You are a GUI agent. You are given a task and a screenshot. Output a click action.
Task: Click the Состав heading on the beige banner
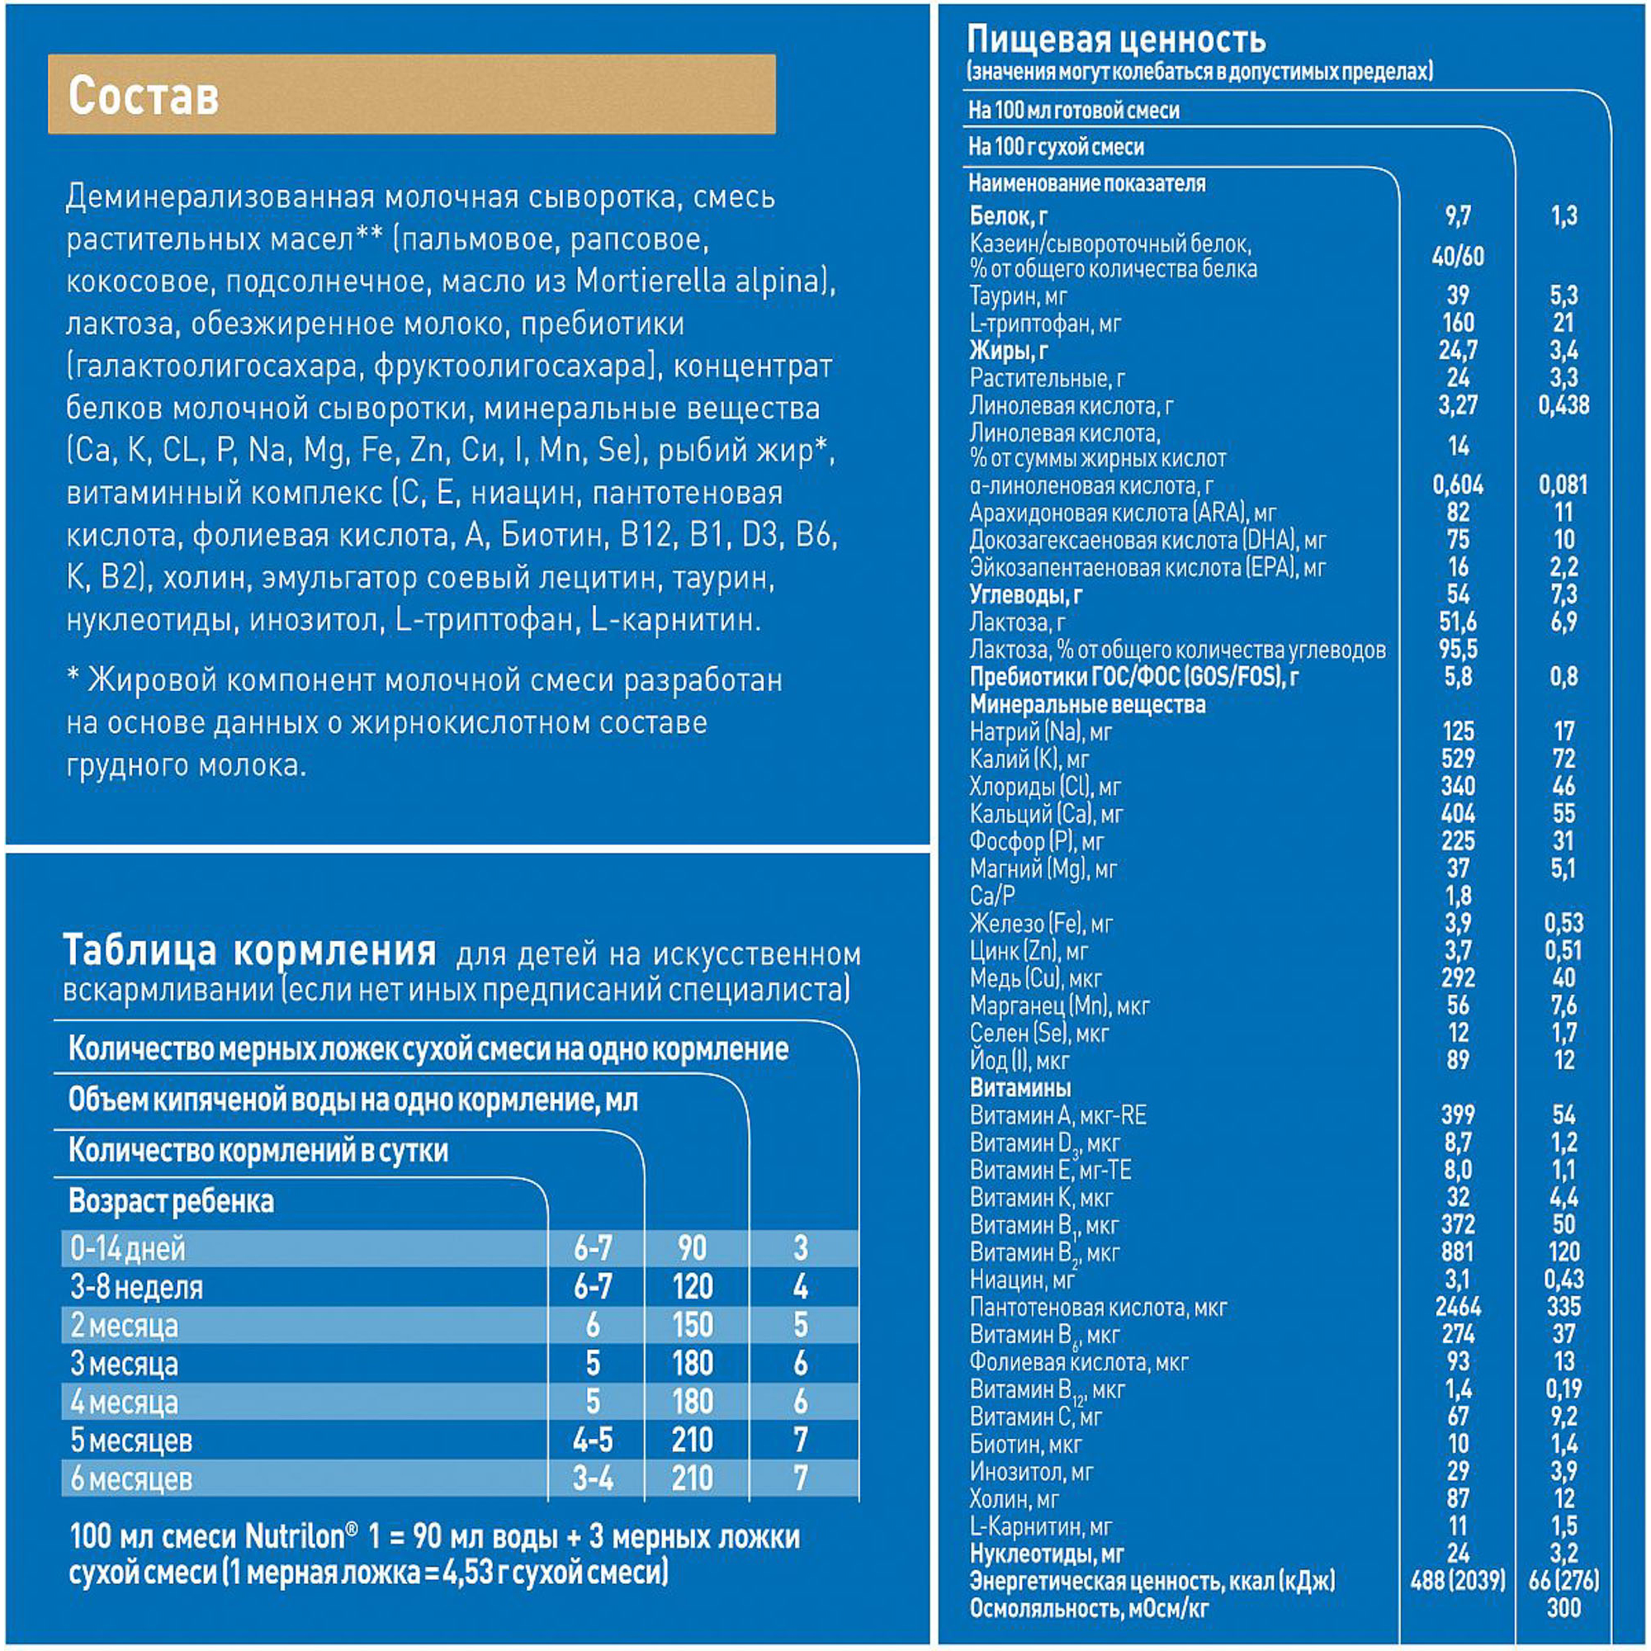coord(144,95)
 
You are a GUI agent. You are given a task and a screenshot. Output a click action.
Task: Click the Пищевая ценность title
coord(1116,40)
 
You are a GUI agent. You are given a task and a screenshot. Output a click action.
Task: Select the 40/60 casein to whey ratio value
coord(1458,257)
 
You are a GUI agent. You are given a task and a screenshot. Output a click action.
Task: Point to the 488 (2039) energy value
coord(1458,1580)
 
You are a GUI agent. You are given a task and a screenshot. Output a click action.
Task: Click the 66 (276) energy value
coord(1563,1580)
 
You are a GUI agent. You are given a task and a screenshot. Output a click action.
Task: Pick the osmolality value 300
coord(1563,1608)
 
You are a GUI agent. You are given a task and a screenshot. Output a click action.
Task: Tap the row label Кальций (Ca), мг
coord(1046,815)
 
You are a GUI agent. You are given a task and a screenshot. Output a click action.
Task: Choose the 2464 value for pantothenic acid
coord(1458,1307)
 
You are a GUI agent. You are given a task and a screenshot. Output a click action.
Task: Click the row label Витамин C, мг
coord(1036,1417)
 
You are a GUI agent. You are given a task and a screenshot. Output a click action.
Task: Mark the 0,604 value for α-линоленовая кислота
coord(1458,485)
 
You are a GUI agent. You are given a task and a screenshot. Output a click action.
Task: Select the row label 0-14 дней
coord(128,1249)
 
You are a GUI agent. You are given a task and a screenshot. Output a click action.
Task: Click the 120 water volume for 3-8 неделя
coord(693,1287)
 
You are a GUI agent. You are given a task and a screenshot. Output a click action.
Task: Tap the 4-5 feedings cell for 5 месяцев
coord(593,1440)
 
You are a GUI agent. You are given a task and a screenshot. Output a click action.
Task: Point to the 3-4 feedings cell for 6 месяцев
coord(593,1479)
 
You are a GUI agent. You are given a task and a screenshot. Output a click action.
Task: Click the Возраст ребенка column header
coord(171,1201)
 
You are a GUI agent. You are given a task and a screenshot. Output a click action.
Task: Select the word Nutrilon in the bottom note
coord(295,1536)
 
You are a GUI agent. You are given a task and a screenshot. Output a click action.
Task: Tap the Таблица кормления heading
coord(249,950)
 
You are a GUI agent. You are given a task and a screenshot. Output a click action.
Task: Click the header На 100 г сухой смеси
coord(1057,147)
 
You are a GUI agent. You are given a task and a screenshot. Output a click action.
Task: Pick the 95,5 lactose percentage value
coord(1458,650)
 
